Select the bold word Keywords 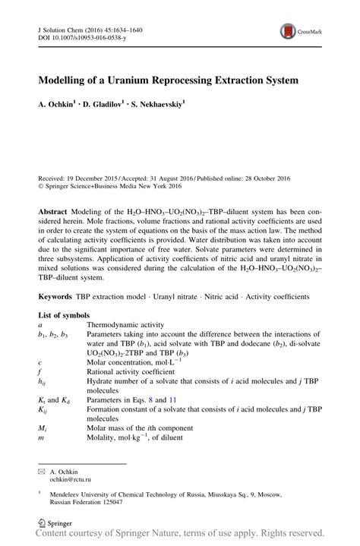click(x=56, y=295)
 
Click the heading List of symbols click(x=64, y=314)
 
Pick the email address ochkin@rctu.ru click(x=70, y=480)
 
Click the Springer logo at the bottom click(x=55, y=523)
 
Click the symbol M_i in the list click(x=43, y=428)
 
